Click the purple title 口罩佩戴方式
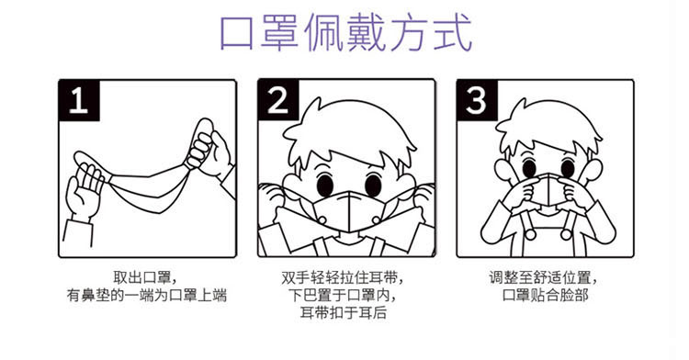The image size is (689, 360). pyautogui.click(x=345, y=32)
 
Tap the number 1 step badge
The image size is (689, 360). pyautogui.click(x=79, y=100)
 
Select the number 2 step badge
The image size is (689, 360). pyautogui.click(x=278, y=100)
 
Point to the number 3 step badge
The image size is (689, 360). pyautogui.click(x=477, y=100)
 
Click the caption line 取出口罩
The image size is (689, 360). pyautogui.click(x=145, y=277)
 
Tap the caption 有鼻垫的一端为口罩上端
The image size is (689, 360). pyautogui.click(x=147, y=295)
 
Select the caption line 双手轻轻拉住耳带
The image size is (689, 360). pyautogui.click(x=342, y=277)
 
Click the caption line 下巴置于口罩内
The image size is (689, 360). pyautogui.click(x=343, y=295)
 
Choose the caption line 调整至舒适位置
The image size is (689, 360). pyautogui.click(x=543, y=277)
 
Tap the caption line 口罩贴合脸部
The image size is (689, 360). pyautogui.click(x=545, y=295)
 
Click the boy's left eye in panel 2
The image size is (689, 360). pyautogui.click(x=325, y=185)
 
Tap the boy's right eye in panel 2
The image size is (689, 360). pyautogui.click(x=373, y=185)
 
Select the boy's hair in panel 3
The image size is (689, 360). pyautogui.click(x=548, y=128)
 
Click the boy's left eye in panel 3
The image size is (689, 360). pyautogui.click(x=529, y=168)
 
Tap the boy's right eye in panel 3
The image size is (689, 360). pyautogui.click(x=568, y=168)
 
